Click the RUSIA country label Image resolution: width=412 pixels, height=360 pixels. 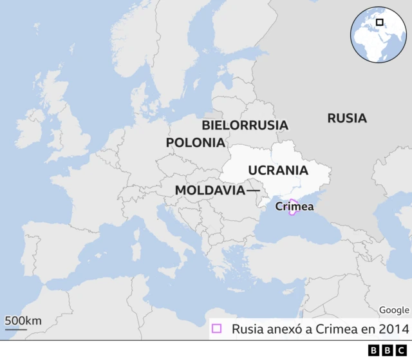(x=346, y=118)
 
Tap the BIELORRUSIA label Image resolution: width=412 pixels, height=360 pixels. (x=245, y=125)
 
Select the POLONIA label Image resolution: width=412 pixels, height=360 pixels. (x=195, y=143)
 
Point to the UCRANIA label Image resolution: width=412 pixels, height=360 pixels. (x=278, y=171)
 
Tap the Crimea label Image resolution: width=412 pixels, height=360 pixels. (x=294, y=207)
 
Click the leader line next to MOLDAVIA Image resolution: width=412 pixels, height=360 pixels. (x=253, y=191)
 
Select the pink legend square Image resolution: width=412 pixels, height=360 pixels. (x=216, y=329)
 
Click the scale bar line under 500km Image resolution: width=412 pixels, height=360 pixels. (x=16, y=330)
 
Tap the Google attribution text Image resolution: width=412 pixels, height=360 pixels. (x=393, y=310)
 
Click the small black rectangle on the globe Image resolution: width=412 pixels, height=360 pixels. (x=379, y=22)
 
